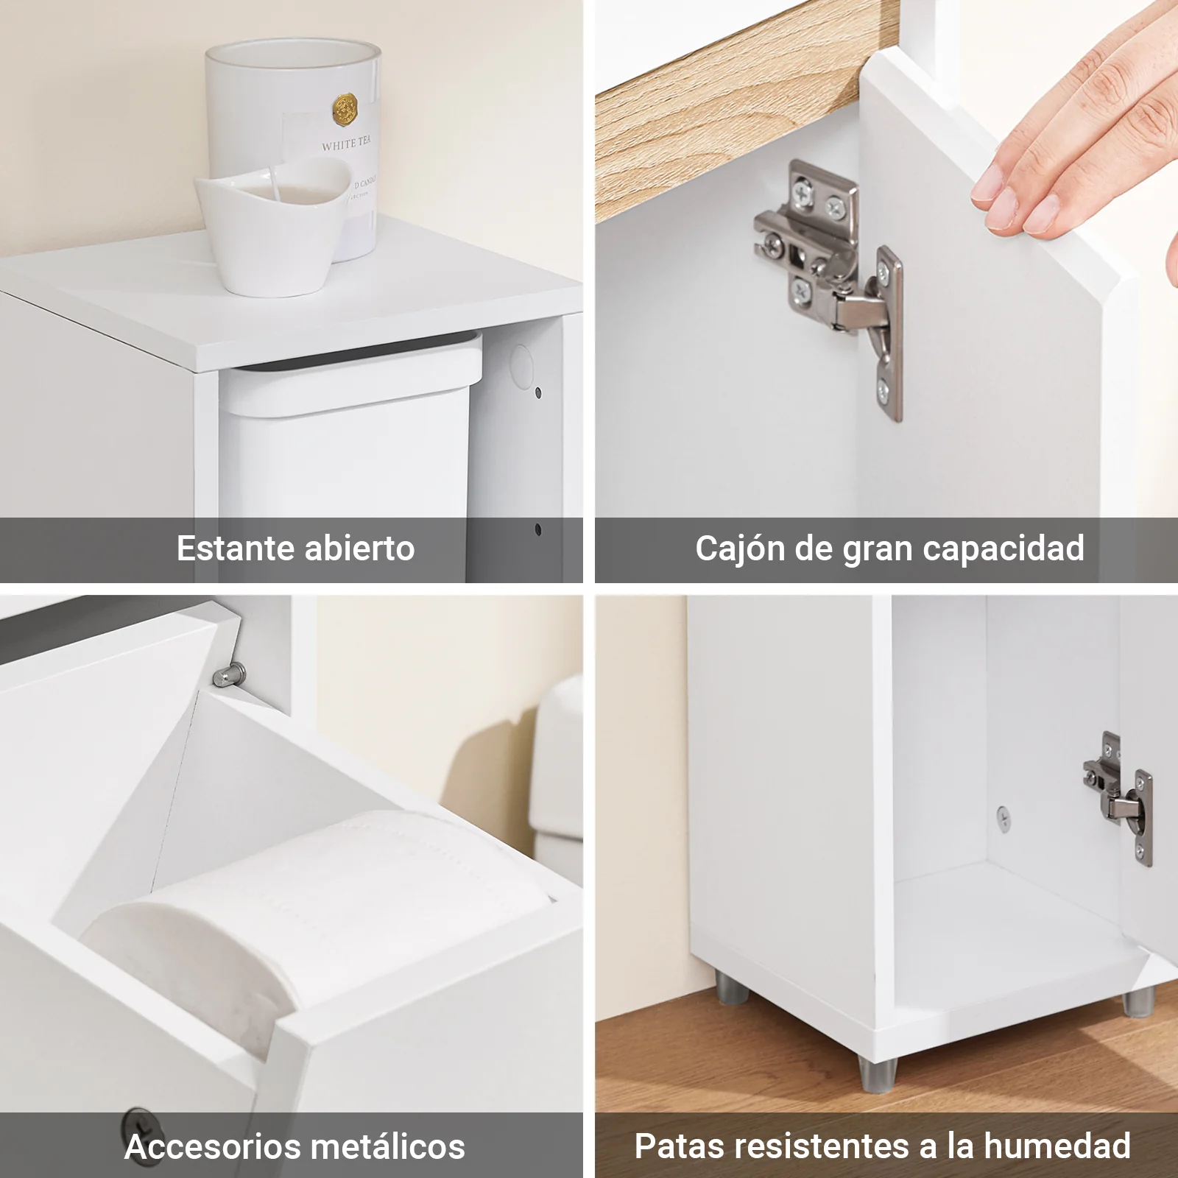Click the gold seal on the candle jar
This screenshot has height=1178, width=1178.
tap(344, 111)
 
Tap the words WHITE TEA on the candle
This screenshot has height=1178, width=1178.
tap(347, 144)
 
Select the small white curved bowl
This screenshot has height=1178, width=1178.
tap(272, 224)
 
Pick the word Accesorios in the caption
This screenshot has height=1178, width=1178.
tap(211, 1147)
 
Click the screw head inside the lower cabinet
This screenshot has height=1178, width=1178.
tap(1003, 814)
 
